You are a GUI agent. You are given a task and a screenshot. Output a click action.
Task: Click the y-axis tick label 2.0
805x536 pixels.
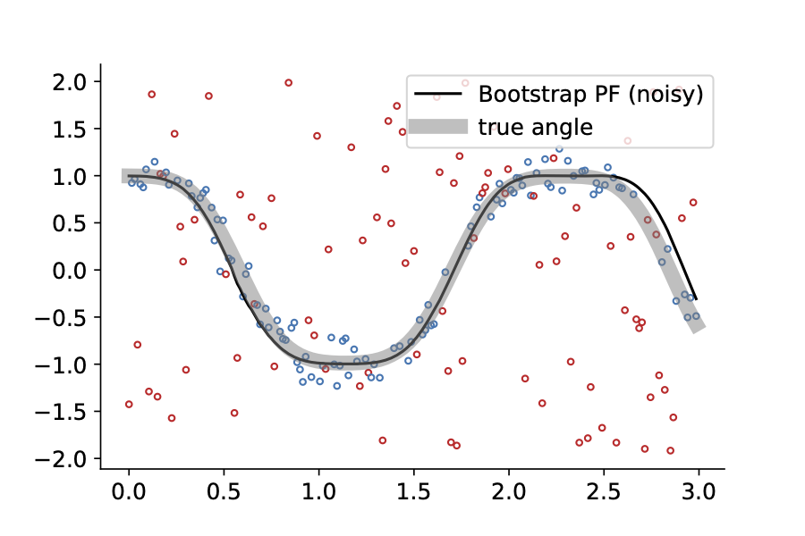point(70,82)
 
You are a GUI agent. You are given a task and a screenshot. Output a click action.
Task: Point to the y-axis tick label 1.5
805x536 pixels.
point(70,130)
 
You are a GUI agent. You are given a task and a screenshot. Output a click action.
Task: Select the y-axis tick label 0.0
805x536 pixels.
point(70,271)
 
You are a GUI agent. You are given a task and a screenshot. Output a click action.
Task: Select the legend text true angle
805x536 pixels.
point(535,127)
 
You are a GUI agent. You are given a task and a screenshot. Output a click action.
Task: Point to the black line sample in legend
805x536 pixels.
point(438,94)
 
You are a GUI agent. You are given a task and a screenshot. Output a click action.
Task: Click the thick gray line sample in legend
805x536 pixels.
point(438,126)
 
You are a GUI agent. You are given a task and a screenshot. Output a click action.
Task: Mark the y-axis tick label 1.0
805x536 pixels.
point(70,177)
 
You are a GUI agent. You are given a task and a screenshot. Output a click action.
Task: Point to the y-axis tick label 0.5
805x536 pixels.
point(70,223)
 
